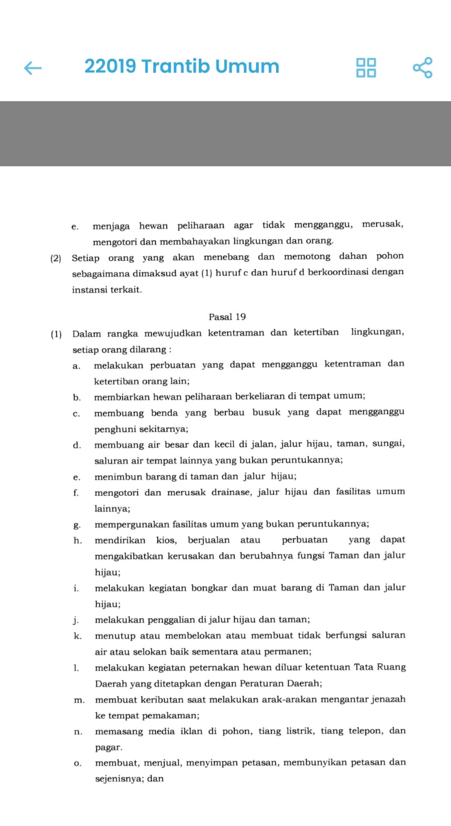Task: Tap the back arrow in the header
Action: point(33,68)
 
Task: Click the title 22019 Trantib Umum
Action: point(182,67)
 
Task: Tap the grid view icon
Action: point(366,68)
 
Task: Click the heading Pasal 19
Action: point(227,317)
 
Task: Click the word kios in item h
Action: point(166,540)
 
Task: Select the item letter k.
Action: point(77,636)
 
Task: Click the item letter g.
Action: point(77,525)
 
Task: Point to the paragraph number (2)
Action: point(56,258)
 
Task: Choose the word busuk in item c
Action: point(266,412)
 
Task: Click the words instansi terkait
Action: point(107,290)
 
